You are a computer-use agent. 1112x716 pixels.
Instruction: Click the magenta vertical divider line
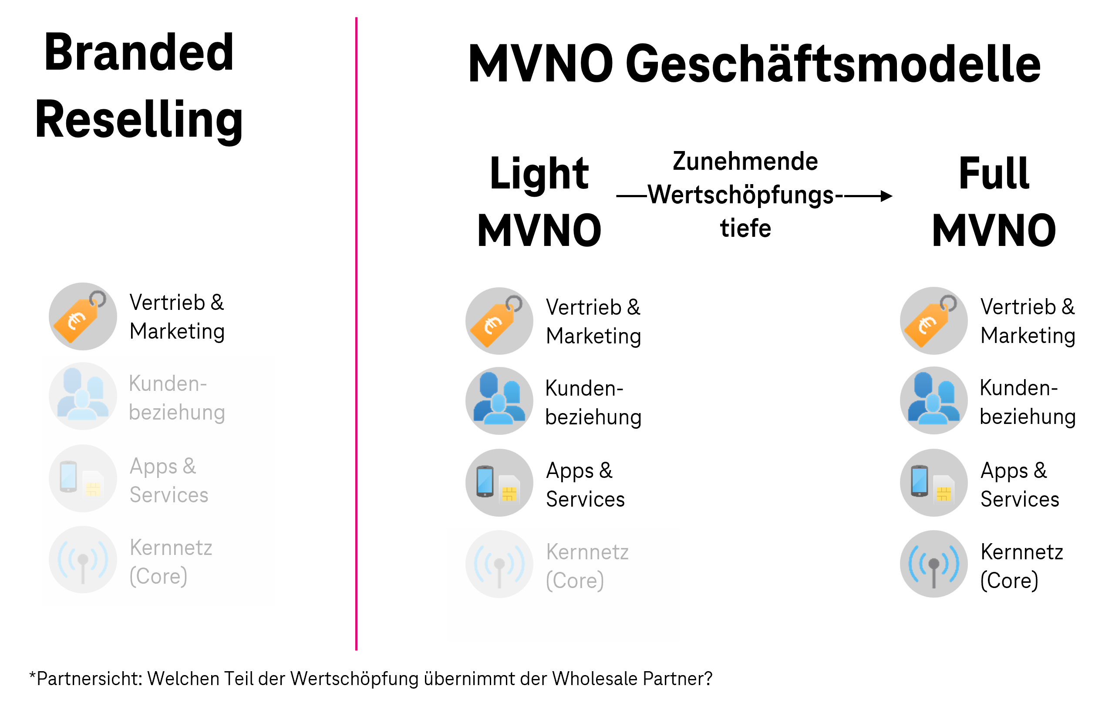coord(356,326)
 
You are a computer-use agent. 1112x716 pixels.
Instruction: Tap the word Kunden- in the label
coord(168,384)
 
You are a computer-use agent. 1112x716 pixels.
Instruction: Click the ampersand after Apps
coord(189,466)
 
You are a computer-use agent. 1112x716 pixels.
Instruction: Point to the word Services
coord(169,495)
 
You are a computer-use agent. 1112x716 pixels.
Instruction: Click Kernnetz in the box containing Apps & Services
coord(171,548)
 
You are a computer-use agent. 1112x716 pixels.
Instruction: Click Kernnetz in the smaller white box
coord(587,552)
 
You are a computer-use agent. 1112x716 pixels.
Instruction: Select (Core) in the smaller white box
coord(575,581)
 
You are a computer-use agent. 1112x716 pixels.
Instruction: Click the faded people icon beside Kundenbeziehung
coord(83,396)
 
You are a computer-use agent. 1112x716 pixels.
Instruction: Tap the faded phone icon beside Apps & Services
coord(83,478)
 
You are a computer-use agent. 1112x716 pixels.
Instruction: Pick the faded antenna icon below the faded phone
coord(83,560)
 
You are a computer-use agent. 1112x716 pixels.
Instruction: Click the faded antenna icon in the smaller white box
coord(499,564)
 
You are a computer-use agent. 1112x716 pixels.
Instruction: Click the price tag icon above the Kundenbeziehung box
coord(83,316)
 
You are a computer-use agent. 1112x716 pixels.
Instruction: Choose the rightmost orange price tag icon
coord(933,321)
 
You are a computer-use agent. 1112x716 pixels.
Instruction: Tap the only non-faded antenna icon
coord(933,564)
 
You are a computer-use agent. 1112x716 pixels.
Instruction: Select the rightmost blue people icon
coord(933,400)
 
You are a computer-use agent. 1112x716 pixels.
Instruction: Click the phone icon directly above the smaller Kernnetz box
coord(499,483)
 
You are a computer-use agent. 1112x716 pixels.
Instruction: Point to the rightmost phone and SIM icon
coord(933,483)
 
